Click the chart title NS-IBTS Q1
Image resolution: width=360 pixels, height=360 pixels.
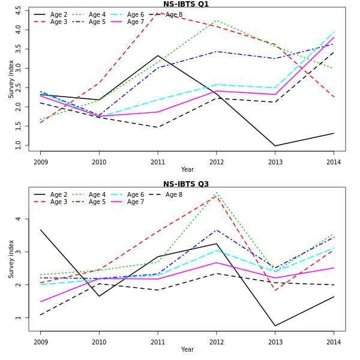(x=186, y=4)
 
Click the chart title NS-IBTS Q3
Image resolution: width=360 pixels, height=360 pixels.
(x=186, y=184)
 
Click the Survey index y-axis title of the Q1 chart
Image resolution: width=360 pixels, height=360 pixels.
(x=11, y=79)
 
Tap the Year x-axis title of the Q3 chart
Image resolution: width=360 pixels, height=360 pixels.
(x=187, y=349)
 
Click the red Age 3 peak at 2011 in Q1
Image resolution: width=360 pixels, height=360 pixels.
(x=158, y=13)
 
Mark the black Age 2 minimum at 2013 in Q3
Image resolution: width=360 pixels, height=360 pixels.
(x=275, y=326)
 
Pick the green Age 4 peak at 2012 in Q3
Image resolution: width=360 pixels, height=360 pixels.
(x=217, y=193)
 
